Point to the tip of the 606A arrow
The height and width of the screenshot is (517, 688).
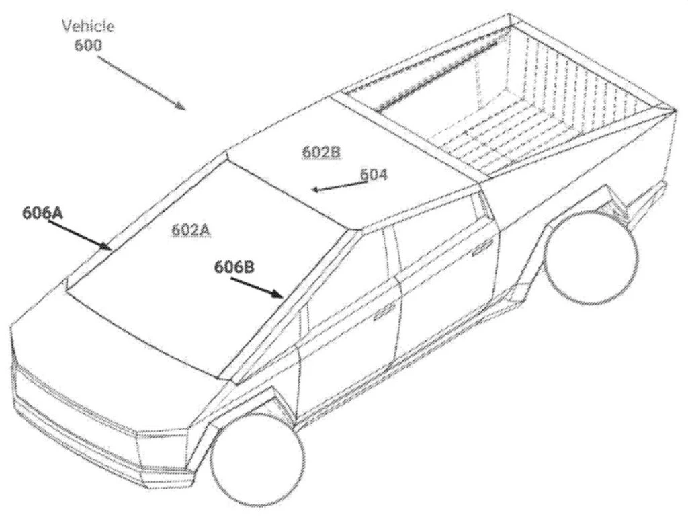tap(112, 249)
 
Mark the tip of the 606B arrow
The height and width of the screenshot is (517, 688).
tap(283, 297)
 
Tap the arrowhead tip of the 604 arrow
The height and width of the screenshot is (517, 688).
tap(312, 190)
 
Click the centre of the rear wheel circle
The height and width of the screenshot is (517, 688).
tap(591, 256)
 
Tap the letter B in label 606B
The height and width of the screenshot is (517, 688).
tap(249, 267)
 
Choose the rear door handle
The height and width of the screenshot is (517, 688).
tap(482, 248)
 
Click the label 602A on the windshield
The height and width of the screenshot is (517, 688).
tap(191, 229)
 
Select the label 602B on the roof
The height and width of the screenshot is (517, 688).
tap(321, 152)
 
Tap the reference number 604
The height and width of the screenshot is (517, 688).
tap(374, 175)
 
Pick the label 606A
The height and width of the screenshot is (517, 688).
tap(43, 213)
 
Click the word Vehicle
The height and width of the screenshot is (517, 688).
tap(88, 26)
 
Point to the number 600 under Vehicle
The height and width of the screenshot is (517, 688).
tap(88, 45)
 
